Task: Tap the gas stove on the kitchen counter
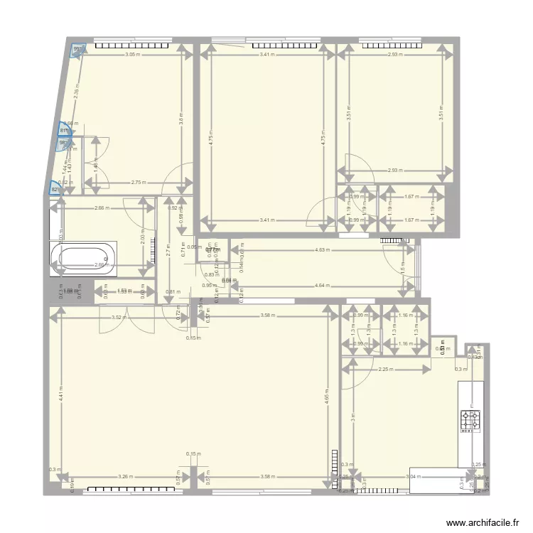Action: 470,420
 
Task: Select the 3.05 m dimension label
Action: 132,55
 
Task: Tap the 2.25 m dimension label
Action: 386,369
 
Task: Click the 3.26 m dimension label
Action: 125,477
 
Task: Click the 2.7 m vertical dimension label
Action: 168,250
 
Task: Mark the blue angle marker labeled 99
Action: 77,50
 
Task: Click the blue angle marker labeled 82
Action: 54,188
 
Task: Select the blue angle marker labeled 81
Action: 63,129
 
